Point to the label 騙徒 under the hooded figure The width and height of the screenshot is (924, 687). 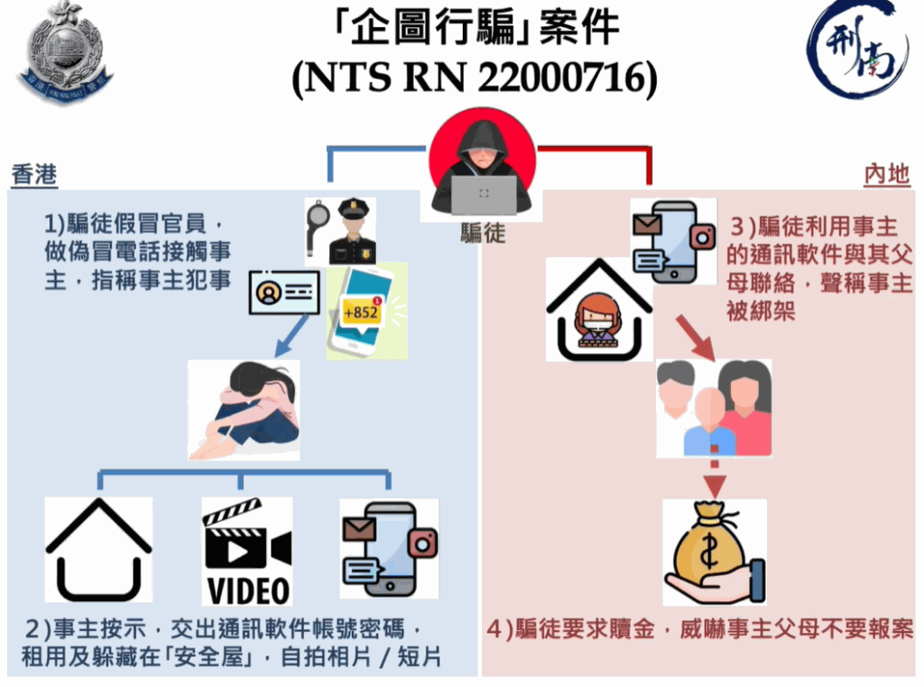pyautogui.click(x=483, y=233)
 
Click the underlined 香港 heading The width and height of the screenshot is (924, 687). pyautogui.click(x=34, y=175)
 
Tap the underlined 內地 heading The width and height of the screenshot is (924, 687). pyautogui.click(x=886, y=175)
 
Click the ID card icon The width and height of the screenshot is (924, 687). pyautogui.click(x=284, y=292)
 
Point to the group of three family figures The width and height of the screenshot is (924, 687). pyautogui.click(x=713, y=407)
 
